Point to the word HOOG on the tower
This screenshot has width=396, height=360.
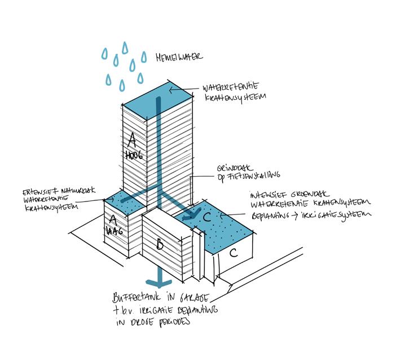[134, 155]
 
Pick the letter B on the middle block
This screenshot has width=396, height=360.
[160, 245]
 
